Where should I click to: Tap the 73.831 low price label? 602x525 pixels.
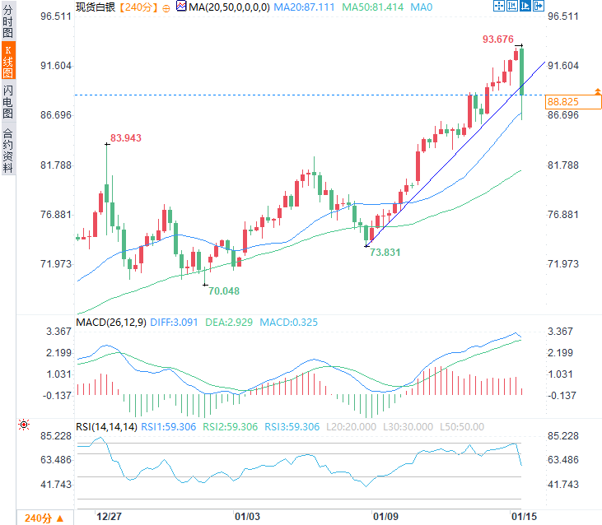[385, 253]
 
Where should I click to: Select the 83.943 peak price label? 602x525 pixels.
[126, 138]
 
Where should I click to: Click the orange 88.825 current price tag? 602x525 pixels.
[562, 101]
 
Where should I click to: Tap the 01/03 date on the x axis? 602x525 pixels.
[248, 517]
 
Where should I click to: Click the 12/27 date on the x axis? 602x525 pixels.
[110, 517]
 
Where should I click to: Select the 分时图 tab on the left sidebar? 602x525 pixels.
[8, 22]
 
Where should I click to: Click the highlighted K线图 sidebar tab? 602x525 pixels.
[8, 61]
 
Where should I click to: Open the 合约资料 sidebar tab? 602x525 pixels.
[8, 150]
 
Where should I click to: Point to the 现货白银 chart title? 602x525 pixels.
[96, 7]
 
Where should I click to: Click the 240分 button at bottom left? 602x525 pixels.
[38, 518]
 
